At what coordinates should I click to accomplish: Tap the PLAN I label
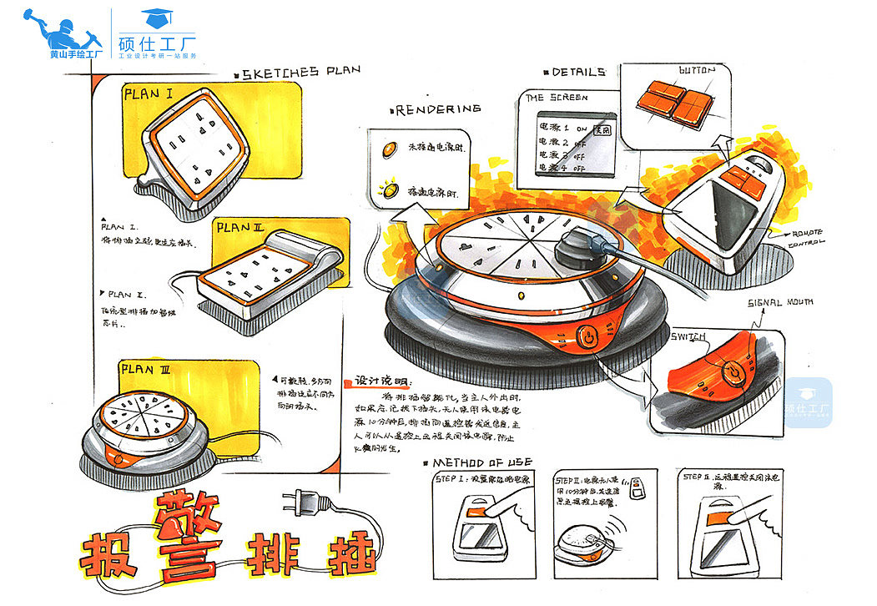pos(149,94)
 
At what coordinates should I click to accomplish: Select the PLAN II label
pos(240,227)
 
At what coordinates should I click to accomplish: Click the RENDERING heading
pos(439,109)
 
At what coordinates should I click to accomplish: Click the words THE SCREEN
pos(557,98)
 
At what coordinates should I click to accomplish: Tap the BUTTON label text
pos(697,71)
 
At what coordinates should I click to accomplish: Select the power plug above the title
pos(301,502)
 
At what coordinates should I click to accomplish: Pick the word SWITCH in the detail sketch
pos(689,336)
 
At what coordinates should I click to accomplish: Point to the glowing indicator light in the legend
pos(390,191)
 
